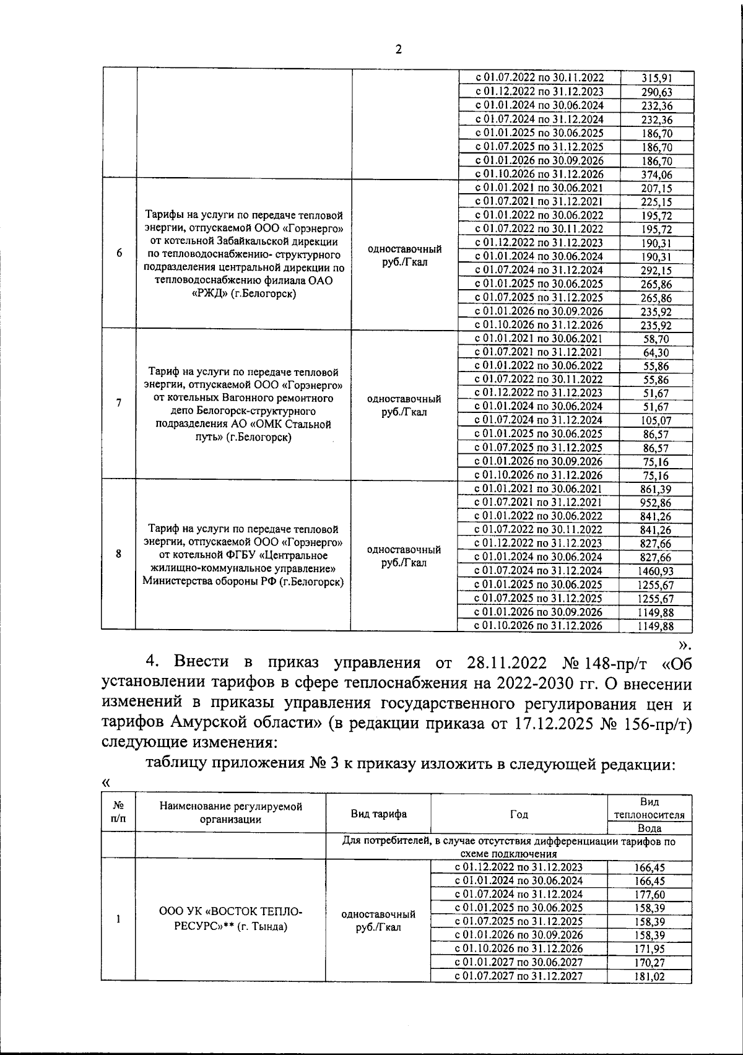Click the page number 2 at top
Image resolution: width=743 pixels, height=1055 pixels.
click(x=398, y=50)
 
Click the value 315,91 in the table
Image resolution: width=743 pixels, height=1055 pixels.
click(x=656, y=78)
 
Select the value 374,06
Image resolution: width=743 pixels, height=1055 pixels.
click(x=656, y=175)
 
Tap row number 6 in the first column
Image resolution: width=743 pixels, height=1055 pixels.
click(x=118, y=254)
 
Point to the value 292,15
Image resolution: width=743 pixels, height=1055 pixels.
click(x=656, y=271)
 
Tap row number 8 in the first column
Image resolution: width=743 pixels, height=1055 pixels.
click(x=118, y=554)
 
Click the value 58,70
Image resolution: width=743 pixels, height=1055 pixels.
click(x=656, y=339)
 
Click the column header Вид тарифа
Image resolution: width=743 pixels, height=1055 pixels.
click(x=378, y=814)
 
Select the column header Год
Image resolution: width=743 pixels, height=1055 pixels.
click(x=519, y=814)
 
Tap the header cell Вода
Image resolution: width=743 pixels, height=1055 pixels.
click(x=649, y=828)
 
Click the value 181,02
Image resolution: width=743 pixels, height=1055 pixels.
click(x=649, y=977)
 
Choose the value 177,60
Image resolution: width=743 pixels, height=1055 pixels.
click(x=649, y=895)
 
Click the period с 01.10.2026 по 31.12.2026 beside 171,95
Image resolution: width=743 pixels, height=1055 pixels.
click(x=519, y=949)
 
